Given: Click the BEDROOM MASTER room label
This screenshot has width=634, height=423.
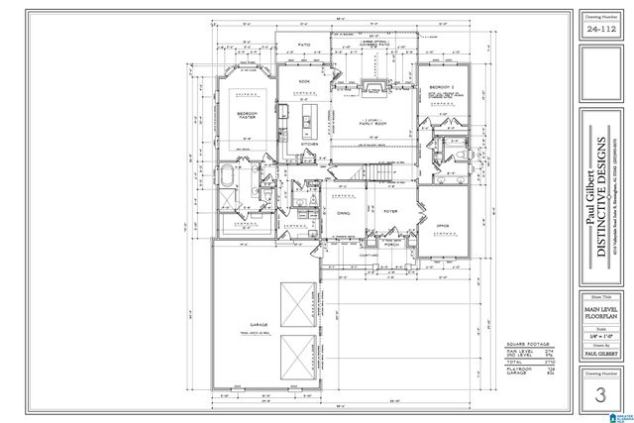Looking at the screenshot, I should pyautogui.click(x=249, y=116).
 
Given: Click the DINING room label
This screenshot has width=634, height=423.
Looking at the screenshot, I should pyautogui.click(x=343, y=214).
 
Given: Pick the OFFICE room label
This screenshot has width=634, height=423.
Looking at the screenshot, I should pyautogui.click(x=442, y=227).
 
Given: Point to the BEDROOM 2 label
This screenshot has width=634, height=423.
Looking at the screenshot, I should pyautogui.click(x=440, y=88).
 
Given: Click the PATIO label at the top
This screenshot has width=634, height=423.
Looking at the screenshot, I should pyautogui.click(x=305, y=45).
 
